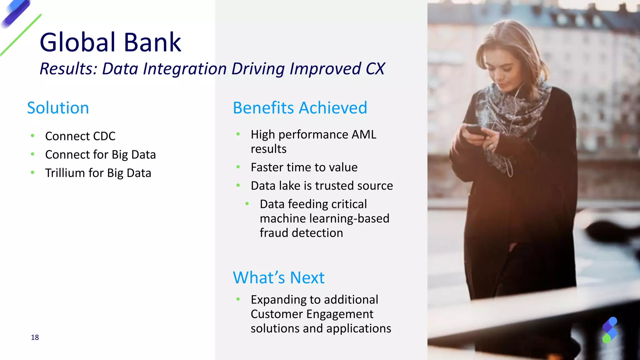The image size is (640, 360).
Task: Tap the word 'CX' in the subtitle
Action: click(x=375, y=69)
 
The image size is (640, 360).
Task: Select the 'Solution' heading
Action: click(x=58, y=108)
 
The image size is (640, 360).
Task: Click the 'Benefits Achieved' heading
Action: click(x=300, y=108)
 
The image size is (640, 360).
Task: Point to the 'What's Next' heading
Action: click(x=278, y=277)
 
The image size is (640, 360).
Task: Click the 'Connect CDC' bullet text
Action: click(x=80, y=136)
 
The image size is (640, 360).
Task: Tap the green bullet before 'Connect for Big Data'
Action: click(x=32, y=154)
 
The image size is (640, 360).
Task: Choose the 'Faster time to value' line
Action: click(x=304, y=167)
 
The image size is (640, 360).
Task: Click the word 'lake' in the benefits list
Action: click(x=289, y=186)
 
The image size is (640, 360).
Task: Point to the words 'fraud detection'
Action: click(x=301, y=233)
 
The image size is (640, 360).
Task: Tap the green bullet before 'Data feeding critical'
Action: click(x=247, y=204)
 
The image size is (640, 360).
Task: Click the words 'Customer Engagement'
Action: click(x=312, y=314)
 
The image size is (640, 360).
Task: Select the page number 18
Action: click(x=35, y=337)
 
